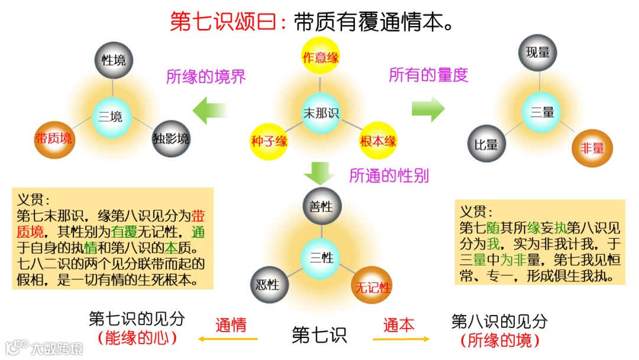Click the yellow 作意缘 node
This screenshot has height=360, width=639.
pyautogui.click(x=320, y=57)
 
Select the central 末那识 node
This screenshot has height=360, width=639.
pyautogui.click(x=321, y=113)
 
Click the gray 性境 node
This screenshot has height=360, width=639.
pyautogui.click(x=114, y=60)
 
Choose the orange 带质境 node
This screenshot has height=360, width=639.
pyautogui.click(x=54, y=139)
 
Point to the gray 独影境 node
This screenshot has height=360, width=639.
pyautogui.click(x=171, y=139)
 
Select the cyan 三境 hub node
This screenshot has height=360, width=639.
pyautogui.click(x=111, y=117)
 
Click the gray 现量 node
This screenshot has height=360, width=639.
pyautogui.click(x=538, y=53)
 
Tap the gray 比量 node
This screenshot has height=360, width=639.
pyautogui.click(x=486, y=144)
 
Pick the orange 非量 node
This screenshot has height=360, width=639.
pyautogui.click(x=592, y=148)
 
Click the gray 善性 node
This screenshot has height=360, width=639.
pyautogui.click(x=321, y=207)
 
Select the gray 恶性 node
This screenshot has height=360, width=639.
pyautogui.click(x=269, y=285)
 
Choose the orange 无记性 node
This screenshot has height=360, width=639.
pyautogui.click(x=372, y=288)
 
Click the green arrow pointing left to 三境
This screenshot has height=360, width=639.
pyautogui.click(x=211, y=110)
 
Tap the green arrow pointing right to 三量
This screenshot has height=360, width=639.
pyautogui.click(x=428, y=108)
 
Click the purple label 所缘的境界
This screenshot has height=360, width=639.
pyautogui.click(x=206, y=77)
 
